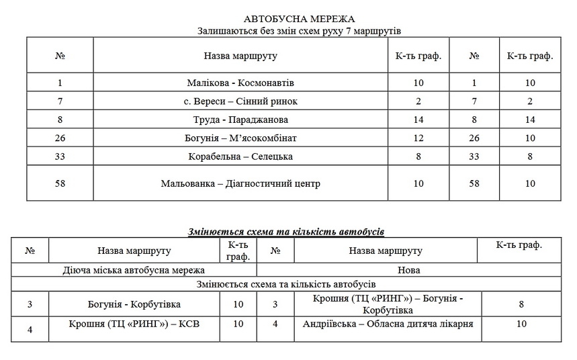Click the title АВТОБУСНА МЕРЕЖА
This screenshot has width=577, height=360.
coord(290,19)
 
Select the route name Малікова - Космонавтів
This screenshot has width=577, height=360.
coord(241,83)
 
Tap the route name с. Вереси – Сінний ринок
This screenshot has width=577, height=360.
coord(241,101)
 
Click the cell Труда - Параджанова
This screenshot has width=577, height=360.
coord(241,120)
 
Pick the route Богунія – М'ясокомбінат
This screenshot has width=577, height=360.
coord(241,138)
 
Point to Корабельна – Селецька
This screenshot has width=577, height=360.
coord(241,156)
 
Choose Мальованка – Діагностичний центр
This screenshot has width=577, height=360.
coord(241,183)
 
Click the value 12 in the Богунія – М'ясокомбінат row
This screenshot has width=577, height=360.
coord(418,138)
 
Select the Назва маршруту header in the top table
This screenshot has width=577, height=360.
coord(241,56)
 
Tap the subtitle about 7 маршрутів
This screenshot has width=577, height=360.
coord(290,31)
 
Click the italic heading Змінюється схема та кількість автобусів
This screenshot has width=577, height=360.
coord(286,232)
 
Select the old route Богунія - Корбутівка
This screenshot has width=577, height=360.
coord(134,304)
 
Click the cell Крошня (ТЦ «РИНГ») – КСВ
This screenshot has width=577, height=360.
coord(134,324)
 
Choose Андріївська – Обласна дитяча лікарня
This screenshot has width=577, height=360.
coord(384,324)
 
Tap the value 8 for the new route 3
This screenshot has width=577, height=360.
coord(521,304)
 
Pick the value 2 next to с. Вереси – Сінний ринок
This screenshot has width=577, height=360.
coord(418,101)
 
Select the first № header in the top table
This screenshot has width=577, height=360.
coord(60,56)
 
